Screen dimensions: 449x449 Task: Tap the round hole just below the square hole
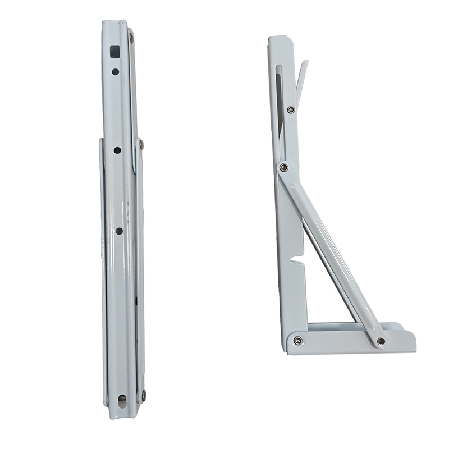pyautogui.click(x=115, y=71)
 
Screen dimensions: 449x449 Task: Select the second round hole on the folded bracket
pyautogui.click(x=117, y=150)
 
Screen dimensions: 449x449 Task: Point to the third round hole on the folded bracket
pyautogui.click(x=119, y=231)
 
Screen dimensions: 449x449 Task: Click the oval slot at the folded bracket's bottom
pyautogui.click(x=122, y=401)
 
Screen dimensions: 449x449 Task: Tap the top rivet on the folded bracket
pyautogui.click(x=131, y=38)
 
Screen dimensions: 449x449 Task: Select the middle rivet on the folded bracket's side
pyautogui.click(x=140, y=145)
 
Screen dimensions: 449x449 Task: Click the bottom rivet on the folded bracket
pyautogui.click(x=144, y=395)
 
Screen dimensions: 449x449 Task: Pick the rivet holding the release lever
pyautogui.click(x=291, y=109)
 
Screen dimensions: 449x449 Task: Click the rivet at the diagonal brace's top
pyautogui.click(x=284, y=167)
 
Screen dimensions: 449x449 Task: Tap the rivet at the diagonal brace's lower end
pyautogui.click(x=381, y=341)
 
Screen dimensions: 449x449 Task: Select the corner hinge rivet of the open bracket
pyautogui.click(x=297, y=341)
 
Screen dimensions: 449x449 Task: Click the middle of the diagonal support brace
pyautogui.click(x=331, y=253)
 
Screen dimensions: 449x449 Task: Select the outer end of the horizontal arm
pyautogui.click(x=412, y=340)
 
